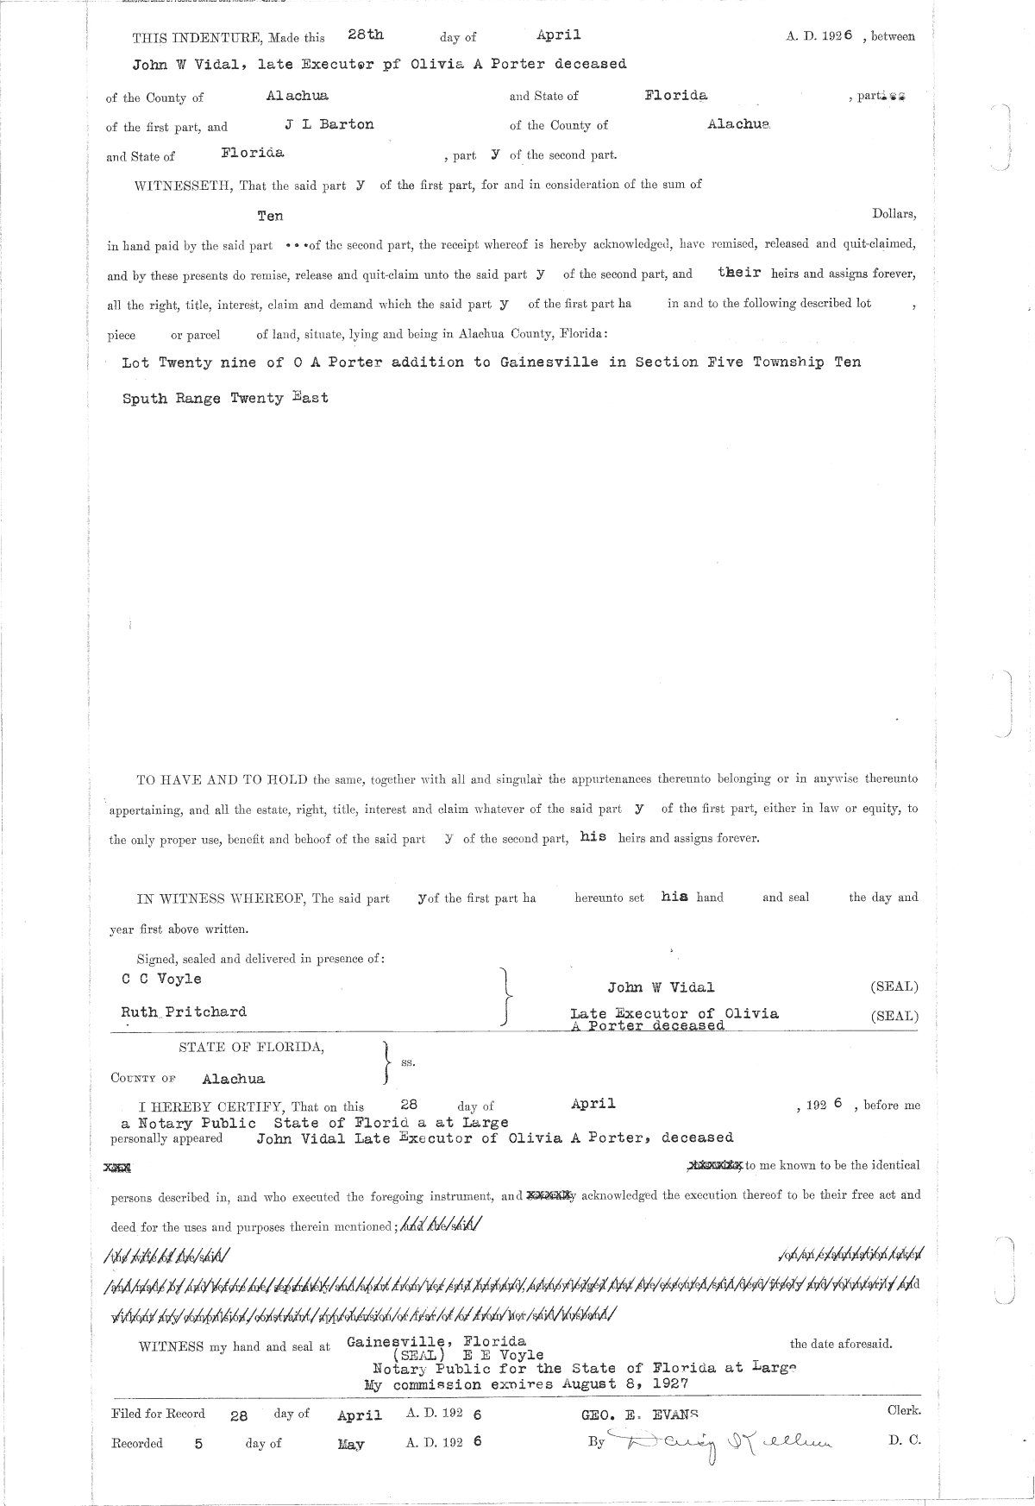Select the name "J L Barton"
[x=329, y=124]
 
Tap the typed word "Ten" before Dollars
[x=270, y=216]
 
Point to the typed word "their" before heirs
[x=739, y=272]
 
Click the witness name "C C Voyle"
[x=161, y=979]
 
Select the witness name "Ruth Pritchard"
[x=184, y=1011]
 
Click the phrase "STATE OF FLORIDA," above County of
[x=252, y=1048]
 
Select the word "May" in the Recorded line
[x=350, y=1444]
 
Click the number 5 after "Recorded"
[x=198, y=1443]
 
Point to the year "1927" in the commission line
[x=669, y=1383]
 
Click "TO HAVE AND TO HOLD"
[x=223, y=779]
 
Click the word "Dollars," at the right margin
[x=894, y=213]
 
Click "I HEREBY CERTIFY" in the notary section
[x=219, y=1106]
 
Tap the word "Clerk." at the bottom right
[x=904, y=1411]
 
